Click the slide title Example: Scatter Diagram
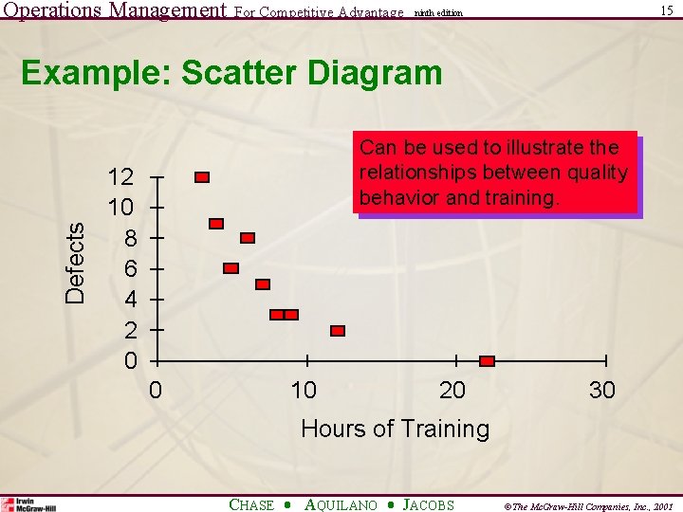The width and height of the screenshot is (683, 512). (231, 73)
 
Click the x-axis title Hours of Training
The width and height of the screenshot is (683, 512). (395, 429)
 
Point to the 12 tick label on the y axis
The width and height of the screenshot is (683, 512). (120, 177)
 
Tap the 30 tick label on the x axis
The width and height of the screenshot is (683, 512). (601, 390)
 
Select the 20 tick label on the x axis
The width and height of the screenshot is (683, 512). (452, 390)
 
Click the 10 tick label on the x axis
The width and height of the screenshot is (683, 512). (304, 390)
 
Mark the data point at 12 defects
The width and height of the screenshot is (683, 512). (202, 177)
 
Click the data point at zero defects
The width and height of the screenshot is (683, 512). (487, 361)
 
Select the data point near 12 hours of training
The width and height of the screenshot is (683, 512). (338, 331)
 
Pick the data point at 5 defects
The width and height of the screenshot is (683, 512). (263, 284)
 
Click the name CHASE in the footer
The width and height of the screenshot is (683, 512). (252, 505)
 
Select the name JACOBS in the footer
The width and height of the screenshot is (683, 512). (429, 505)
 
